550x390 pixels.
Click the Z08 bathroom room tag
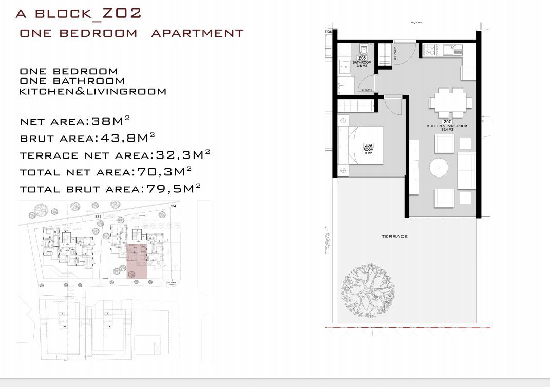point(362,62)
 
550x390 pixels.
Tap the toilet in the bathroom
point(363,50)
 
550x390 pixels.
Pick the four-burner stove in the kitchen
point(430,50)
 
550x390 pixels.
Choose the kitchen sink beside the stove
point(451,50)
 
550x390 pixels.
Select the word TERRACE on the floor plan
point(394,236)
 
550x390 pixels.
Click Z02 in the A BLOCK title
point(122,13)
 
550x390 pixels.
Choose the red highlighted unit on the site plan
point(136,261)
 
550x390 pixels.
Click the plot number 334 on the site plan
point(173,205)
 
